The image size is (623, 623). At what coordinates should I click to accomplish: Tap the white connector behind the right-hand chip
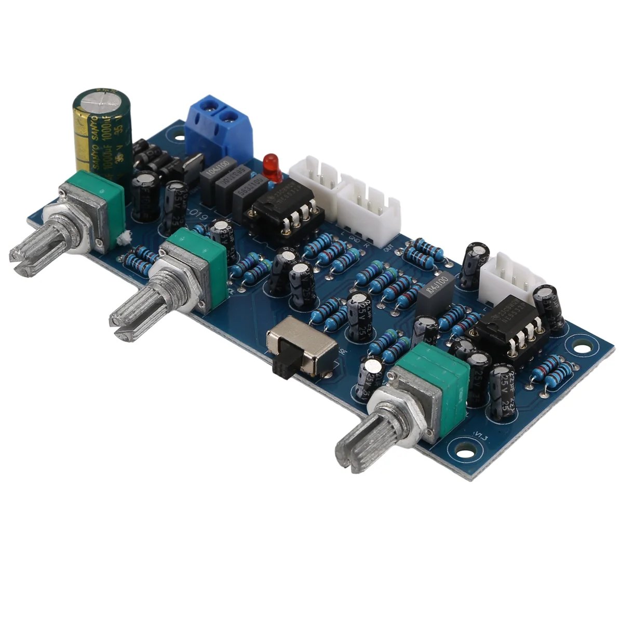coord(506,278)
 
